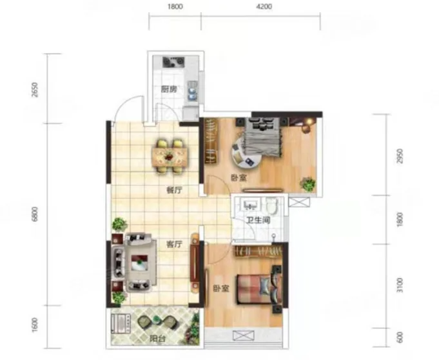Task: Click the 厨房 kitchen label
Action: click(169, 90)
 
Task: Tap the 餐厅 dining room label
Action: click(174, 190)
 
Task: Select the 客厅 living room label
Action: click(174, 245)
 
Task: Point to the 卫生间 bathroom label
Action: click(259, 220)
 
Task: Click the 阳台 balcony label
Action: click(157, 339)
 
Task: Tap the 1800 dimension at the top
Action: click(175, 6)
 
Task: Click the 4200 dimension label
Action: click(264, 6)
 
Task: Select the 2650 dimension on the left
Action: click(35, 90)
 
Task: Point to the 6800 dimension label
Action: click(35, 214)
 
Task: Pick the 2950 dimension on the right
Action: click(400, 156)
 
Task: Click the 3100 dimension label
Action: click(400, 285)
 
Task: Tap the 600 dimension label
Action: click(400, 337)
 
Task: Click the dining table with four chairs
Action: click(170, 156)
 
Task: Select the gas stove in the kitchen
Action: click(173, 62)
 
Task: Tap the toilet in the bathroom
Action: click(271, 205)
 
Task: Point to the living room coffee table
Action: click(140, 263)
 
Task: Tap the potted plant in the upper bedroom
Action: click(308, 184)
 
